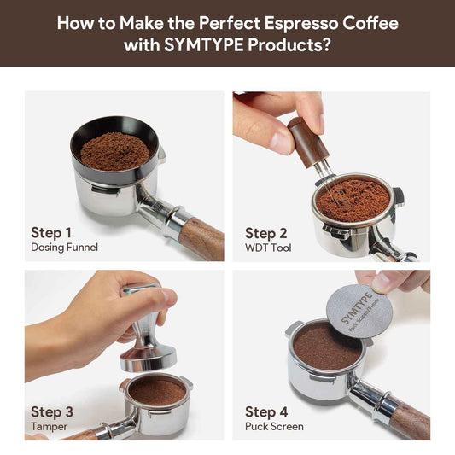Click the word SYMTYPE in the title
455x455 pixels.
pos(203,45)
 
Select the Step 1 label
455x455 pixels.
pos(51,233)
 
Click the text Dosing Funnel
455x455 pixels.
pos(64,248)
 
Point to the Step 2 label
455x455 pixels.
pos(266,233)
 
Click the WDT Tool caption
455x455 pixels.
pos(268,248)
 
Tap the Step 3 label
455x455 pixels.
pos(52,411)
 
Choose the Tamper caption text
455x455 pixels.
pos(49,427)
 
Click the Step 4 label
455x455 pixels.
pos(266,412)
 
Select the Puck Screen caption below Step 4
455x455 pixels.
pos(274,427)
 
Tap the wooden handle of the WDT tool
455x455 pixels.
pos(308,143)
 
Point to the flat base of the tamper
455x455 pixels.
pos(148,360)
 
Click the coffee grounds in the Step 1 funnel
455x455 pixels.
pos(115,151)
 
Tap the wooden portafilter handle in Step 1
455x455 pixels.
pos(201,239)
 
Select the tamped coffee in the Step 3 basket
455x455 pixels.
pos(157,392)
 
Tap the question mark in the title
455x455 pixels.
pos(327,45)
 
